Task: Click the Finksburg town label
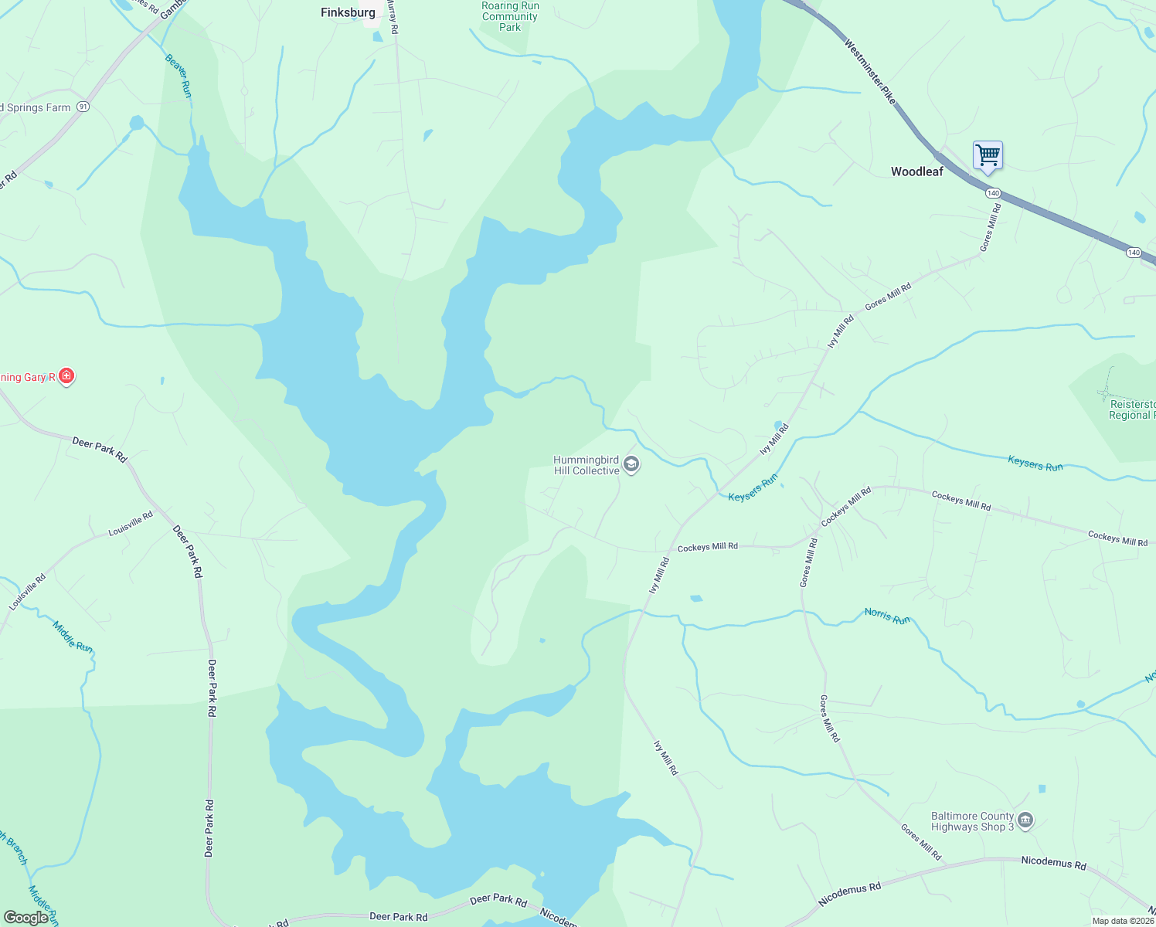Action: (x=348, y=12)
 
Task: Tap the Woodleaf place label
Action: (x=916, y=171)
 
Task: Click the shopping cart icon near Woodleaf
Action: (x=988, y=155)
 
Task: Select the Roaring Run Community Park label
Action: (x=510, y=16)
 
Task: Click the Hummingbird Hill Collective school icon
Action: (x=631, y=464)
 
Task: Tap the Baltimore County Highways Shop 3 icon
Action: (x=1025, y=820)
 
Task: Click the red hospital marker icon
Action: (x=67, y=376)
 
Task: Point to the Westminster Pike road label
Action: (x=870, y=73)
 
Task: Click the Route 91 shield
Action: (x=83, y=107)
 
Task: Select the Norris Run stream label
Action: (x=887, y=616)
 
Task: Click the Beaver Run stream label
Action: (x=178, y=76)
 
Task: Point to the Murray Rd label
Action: (x=393, y=17)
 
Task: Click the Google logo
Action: (x=25, y=918)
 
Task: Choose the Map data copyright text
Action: (x=1123, y=921)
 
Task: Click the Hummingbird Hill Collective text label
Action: (x=586, y=465)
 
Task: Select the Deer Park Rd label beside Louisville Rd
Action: (x=188, y=552)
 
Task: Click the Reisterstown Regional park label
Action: (x=1132, y=409)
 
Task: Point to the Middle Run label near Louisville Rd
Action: (x=73, y=637)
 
